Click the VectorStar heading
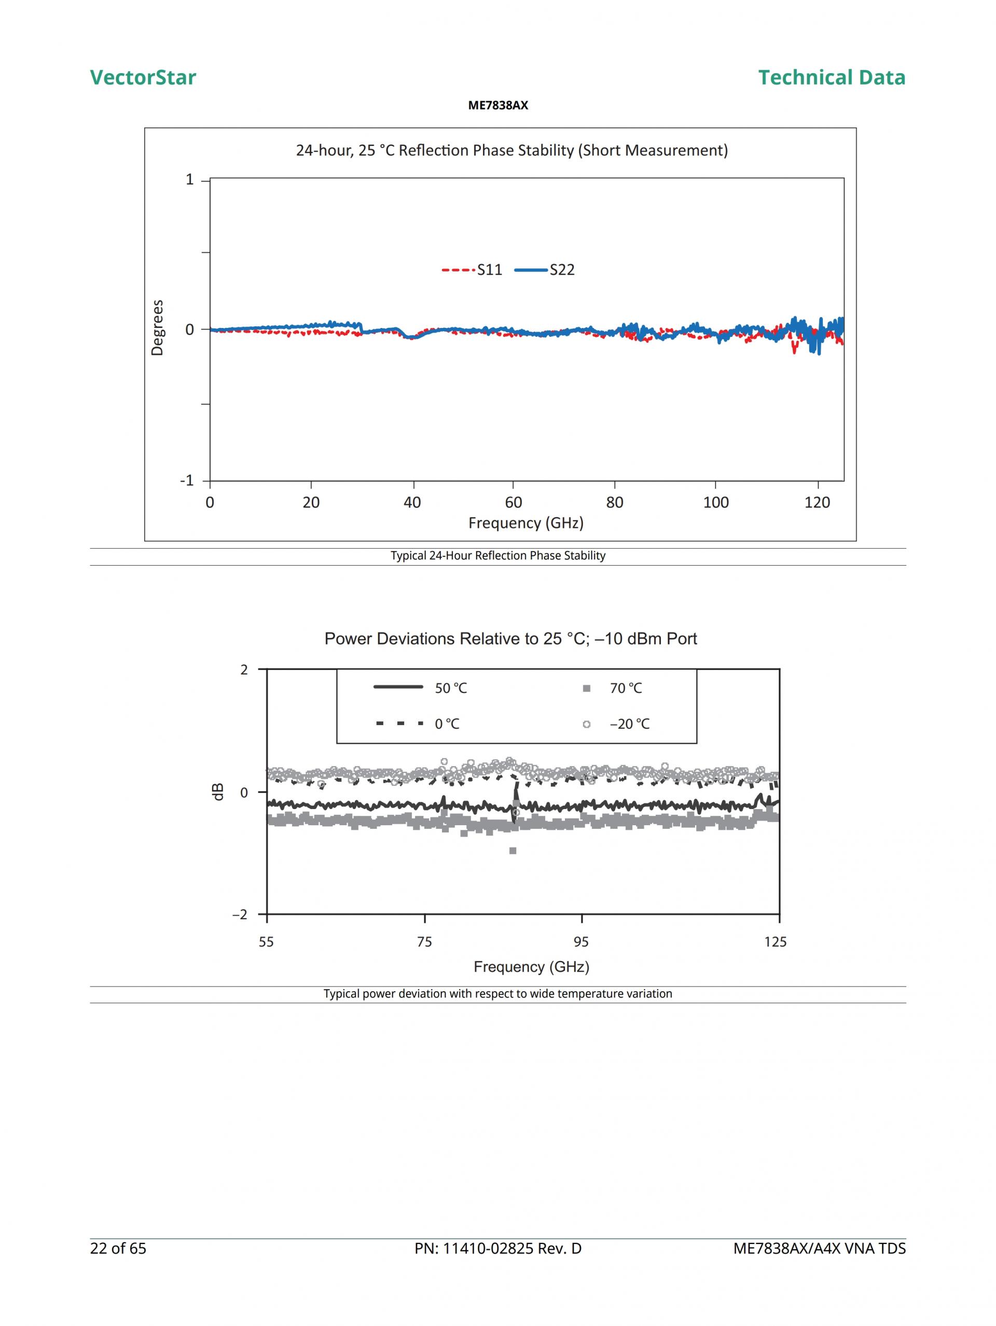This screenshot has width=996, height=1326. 143,77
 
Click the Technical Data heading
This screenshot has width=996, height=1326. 831,77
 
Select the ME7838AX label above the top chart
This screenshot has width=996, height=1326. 498,105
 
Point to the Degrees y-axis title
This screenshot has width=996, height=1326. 157,328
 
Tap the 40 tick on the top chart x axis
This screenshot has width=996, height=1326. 412,502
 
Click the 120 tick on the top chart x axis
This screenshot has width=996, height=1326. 817,502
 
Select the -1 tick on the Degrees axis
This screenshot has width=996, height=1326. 187,480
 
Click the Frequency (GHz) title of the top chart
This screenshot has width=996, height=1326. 525,523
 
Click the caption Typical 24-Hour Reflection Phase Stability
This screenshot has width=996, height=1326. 498,556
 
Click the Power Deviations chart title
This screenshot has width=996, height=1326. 510,639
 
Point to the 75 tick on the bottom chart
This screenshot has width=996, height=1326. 424,942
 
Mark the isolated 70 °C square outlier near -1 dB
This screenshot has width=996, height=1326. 513,851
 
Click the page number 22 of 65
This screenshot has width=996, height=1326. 118,1249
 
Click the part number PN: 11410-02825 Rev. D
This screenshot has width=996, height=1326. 498,1249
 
